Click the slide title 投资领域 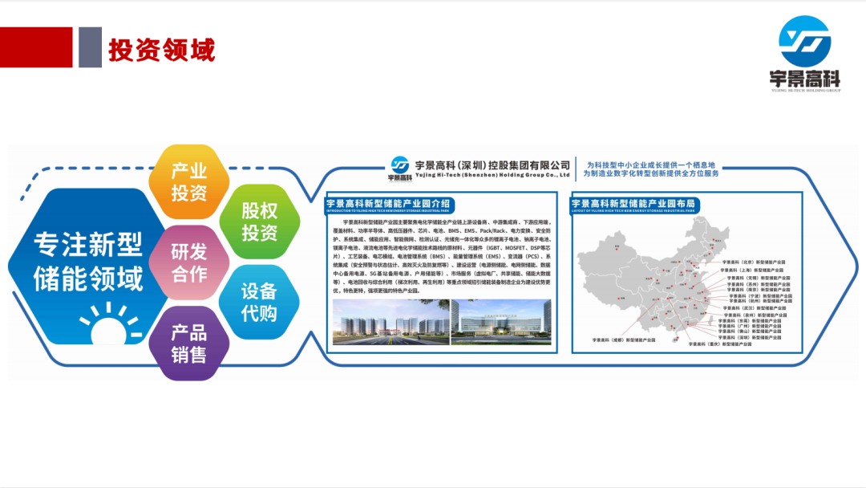pos(161,50)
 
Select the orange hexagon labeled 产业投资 pos(189,181)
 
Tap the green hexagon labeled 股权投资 pos(260,222)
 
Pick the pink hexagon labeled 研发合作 pos(189,262)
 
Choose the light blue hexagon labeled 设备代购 pos(260,302)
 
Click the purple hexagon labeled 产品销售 pos(189,343)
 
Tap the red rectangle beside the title pos(36,47)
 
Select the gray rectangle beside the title pos(90,47)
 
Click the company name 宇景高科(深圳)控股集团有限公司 pos(492,165)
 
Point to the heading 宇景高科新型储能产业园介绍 pos(388,203)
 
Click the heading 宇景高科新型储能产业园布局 pos(633,203)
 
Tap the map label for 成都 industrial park pos(621,340)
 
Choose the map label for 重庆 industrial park pos(722,344)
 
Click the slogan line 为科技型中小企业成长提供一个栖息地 pos(650,164)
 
